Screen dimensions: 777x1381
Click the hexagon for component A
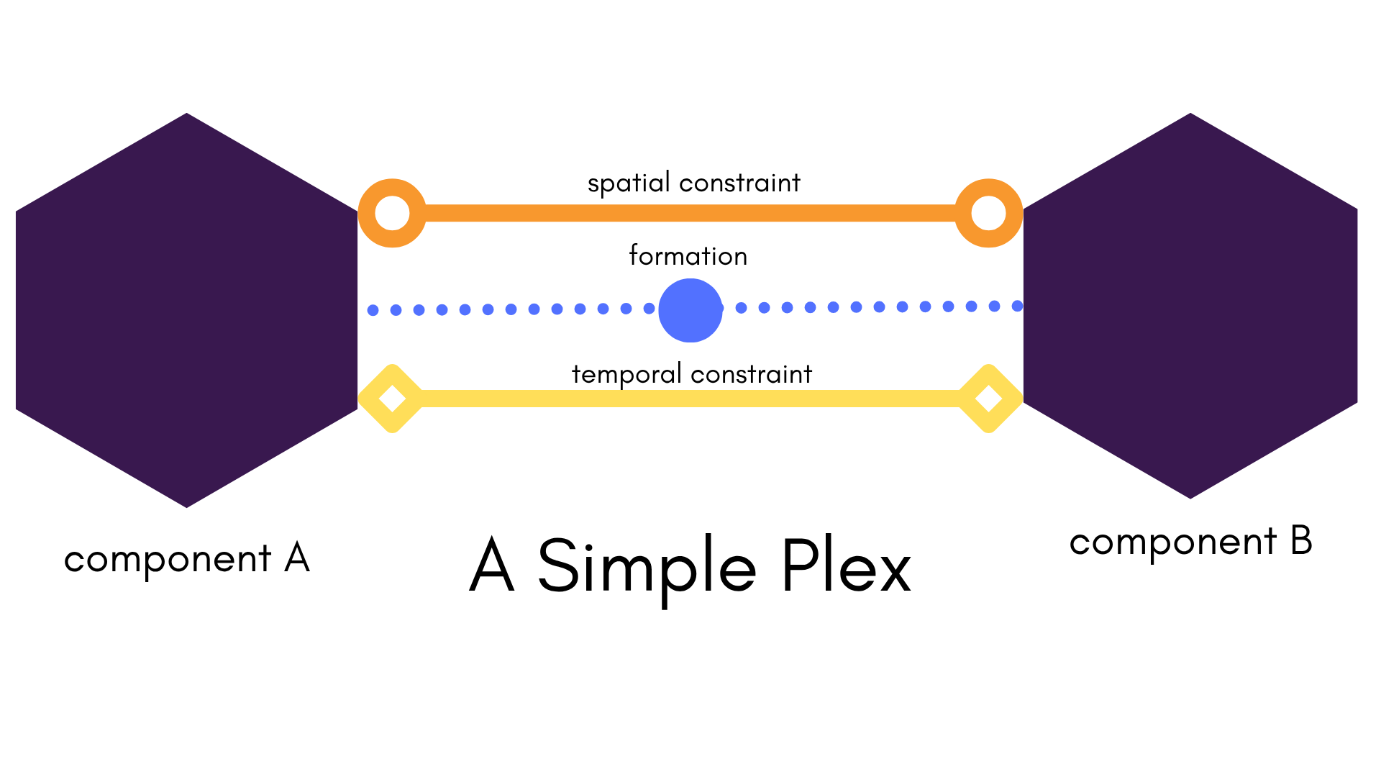(x=186, y=310)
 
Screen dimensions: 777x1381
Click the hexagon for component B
(x=1190, y=306)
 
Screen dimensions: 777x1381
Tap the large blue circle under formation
(x=690, y=310)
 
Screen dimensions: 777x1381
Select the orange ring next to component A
(x=392, y=213)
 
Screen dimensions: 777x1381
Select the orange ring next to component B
(x=989, y=213)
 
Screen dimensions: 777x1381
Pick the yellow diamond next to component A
(x=392, y=398)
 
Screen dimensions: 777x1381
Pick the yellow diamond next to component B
(x=989, y=398)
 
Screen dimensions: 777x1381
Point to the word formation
(x=688, y=256)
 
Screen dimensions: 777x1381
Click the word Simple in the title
(x=647, y=568)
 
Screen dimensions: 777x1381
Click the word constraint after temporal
(x=752, y=375)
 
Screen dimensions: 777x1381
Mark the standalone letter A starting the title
(x=493, y=565)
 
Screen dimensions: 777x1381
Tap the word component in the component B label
(x=1173, y=542)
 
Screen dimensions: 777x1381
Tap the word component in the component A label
(x=168, y=560)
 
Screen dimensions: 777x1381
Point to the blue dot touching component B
(x=1017, y=306)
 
